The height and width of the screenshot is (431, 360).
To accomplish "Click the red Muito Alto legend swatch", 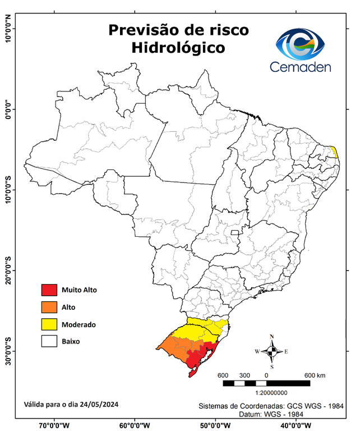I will pos(49,290).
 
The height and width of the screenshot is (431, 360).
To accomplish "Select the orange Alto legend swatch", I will pos(49,307).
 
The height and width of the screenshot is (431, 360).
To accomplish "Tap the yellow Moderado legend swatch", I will pos(49,324).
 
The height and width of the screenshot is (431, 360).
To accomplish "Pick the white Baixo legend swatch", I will pos(49,341).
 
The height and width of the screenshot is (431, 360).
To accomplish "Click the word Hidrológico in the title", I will pos(178,48).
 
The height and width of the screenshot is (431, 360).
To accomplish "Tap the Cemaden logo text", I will pos(301,67).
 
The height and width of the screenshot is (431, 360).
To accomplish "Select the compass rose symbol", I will pos(271,351).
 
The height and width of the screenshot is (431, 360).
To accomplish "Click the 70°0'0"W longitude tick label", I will pos(54,425).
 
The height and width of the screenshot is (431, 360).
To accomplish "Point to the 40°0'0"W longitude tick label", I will pos(297,425).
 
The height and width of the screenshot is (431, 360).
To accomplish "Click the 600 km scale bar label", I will pos(315,375).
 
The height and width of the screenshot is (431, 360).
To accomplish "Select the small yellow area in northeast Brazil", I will pos(334,152).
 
